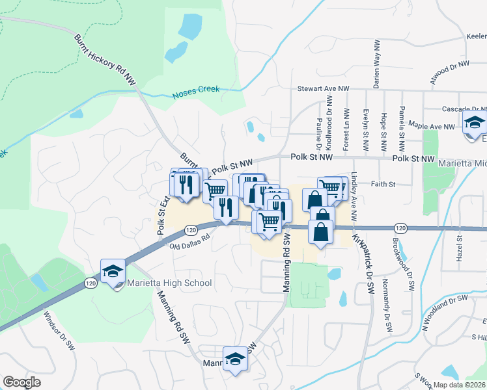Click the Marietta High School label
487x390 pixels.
169,283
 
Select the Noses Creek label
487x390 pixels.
196,92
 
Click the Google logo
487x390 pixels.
21,382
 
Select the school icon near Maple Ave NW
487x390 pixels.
475,123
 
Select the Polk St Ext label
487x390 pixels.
161,207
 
